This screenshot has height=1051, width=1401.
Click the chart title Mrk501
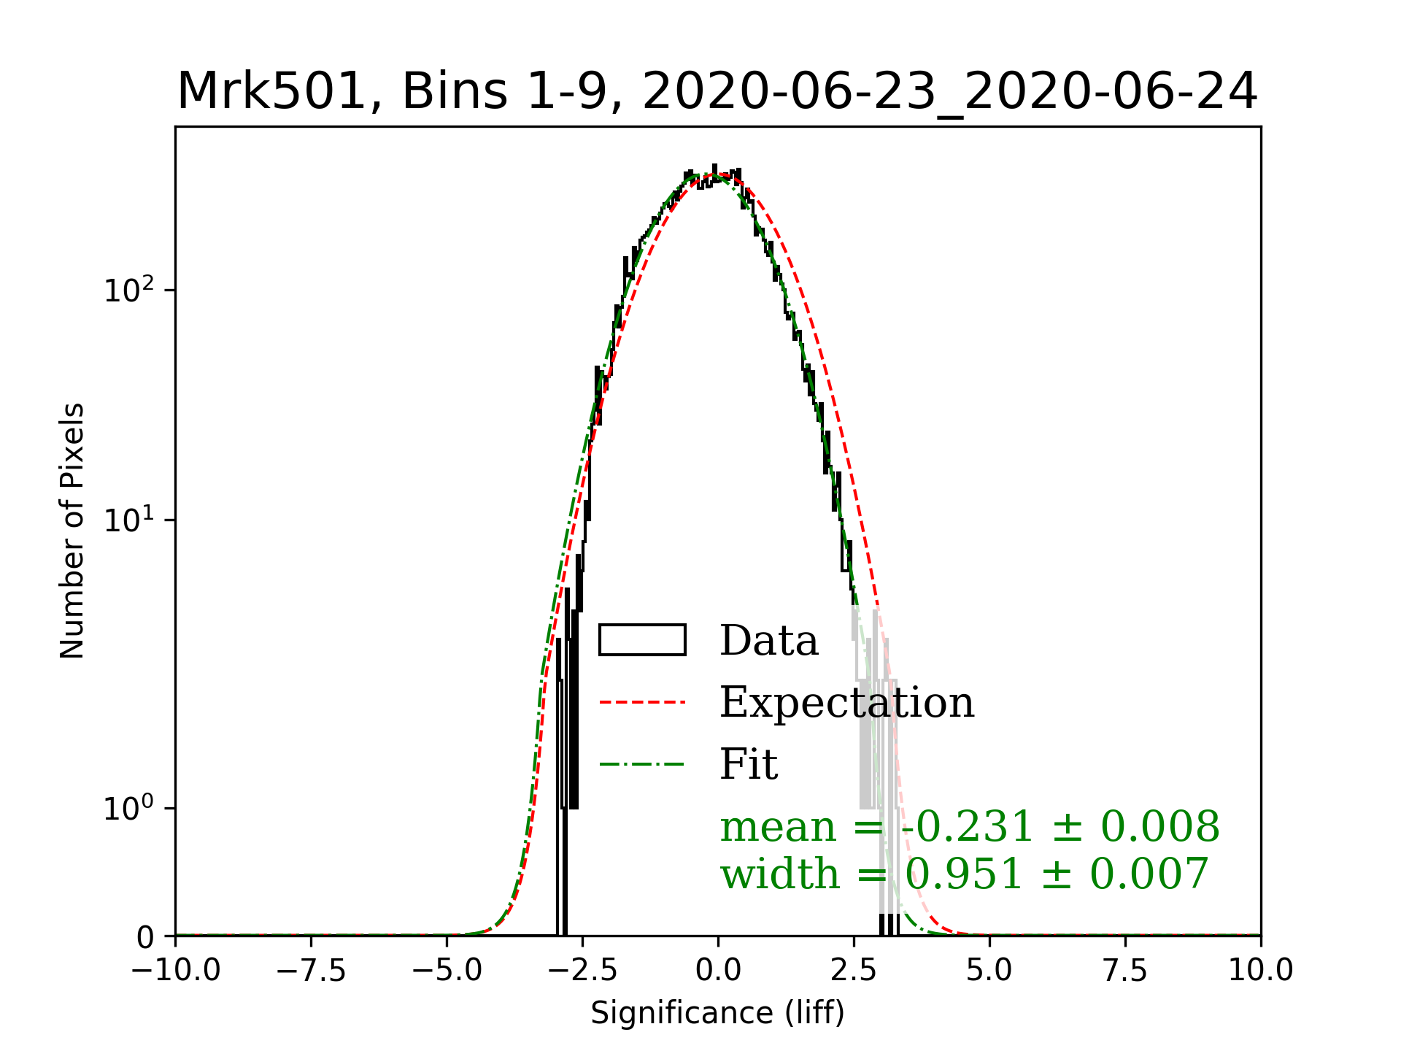(x=717, y=92)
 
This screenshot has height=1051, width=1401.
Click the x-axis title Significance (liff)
(x=717, y=1013)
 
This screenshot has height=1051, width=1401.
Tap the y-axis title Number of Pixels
(x=72, y=531)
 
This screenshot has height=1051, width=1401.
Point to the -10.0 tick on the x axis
(x=176, y=970)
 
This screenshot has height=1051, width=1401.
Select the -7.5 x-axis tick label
(x=312, y=970)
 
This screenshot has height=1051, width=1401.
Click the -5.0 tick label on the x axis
(x=447, y=970)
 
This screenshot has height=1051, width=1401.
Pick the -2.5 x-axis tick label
(x=583, y=970)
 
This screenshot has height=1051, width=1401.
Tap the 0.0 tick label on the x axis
(x=718, y=970)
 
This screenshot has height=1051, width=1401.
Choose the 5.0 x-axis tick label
(x=989, y=970)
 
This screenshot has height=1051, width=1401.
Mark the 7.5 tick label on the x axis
(x=1125, y=970)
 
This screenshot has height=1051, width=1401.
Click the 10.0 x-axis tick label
(x=1261, y=970)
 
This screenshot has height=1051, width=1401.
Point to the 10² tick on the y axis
(x=130, y=290)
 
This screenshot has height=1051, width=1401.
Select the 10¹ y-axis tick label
(x=130, y=520)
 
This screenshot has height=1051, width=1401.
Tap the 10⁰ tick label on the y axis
(x=130, y=809)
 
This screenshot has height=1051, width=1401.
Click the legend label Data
(x=769, y=641)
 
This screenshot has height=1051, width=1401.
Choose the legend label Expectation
(x=846, y=702)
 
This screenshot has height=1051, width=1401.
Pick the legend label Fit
(x=749, y=764)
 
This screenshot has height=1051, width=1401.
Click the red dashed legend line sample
(x=642, y=702)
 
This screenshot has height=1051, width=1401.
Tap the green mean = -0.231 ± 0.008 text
(x=969, y=827)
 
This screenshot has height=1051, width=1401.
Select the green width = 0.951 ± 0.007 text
(x=965, y=874)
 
